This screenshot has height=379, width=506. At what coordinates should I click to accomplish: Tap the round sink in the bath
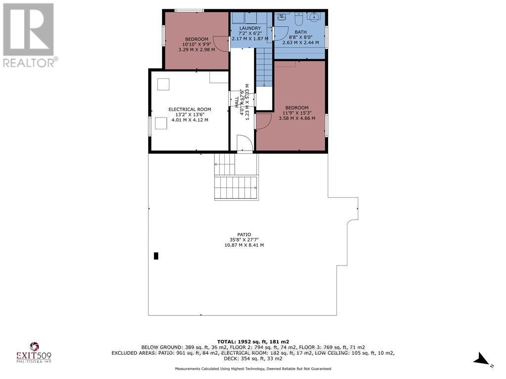(313, 17)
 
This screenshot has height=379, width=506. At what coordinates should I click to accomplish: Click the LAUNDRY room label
(250, 28)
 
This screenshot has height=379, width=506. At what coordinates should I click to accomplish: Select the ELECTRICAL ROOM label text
(190, 110)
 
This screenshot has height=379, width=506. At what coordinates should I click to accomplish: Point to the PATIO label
(244, 234)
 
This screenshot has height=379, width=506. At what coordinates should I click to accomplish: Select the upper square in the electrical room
(163, 84)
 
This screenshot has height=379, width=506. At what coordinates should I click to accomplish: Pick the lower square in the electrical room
(161, 123)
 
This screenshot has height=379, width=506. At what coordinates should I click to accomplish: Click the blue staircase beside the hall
(264, 67)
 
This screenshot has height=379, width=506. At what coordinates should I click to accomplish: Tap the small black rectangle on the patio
(156, 256)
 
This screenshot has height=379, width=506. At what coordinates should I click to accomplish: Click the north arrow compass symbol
(482, 359)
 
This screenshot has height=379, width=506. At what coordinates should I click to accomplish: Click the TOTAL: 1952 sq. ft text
(253, 341)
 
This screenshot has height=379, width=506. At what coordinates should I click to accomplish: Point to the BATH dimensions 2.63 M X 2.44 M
(300, 42)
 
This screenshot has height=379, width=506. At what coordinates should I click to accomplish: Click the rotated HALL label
(237, 102)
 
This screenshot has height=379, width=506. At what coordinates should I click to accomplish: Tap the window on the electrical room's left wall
(150, 125)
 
